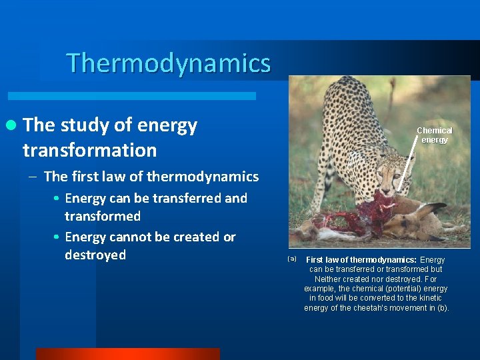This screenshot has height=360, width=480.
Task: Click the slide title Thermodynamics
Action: coord(169,63)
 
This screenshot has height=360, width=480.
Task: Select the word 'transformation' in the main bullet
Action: coord(89,150)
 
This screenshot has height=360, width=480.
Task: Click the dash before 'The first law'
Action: coord(33,177)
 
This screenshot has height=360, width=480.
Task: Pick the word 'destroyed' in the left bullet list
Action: coord(95,255)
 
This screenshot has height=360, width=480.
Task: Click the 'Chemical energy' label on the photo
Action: coord(434,135)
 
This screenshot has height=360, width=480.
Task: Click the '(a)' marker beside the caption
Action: coord(291,258)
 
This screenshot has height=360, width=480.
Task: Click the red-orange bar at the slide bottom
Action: coord(127,354)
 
